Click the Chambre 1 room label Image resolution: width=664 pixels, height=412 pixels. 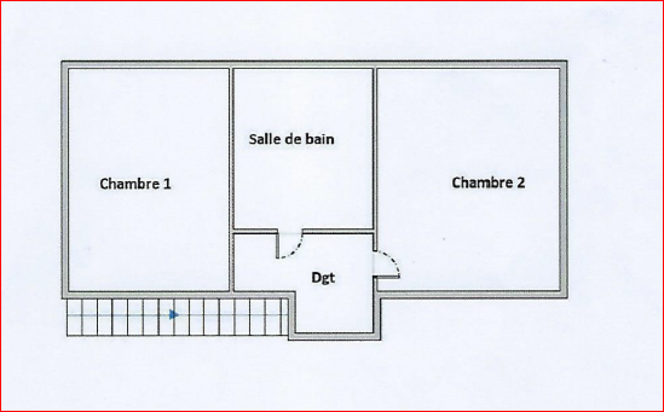135,184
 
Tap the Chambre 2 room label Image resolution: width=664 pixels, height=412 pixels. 488,183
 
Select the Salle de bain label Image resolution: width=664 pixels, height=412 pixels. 291,139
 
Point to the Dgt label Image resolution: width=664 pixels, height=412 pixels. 323,278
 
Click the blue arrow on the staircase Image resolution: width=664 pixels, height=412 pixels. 174,314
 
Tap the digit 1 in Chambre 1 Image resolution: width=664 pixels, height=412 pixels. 167,184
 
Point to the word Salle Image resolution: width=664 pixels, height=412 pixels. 263,139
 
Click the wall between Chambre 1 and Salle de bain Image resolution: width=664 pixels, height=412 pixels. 231,180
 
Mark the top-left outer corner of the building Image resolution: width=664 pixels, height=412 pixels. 61,61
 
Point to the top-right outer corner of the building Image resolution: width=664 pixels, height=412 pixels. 568,61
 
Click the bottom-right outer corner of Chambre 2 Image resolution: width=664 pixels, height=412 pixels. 568,298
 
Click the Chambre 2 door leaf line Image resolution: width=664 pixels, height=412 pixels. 386,277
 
